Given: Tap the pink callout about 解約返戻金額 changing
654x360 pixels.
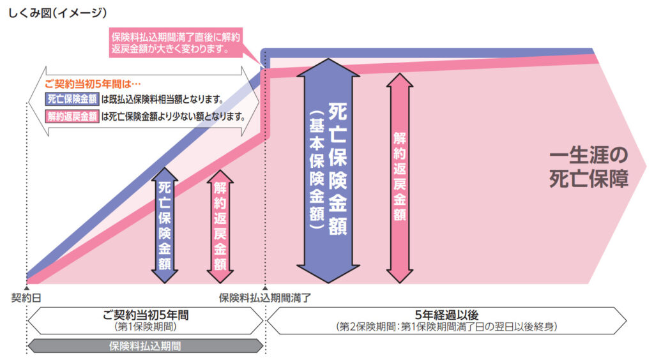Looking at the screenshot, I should pos(181,42).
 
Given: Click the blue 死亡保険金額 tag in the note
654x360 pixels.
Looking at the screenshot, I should pos(72,100).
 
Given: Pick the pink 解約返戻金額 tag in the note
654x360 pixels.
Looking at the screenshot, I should pos(72,117).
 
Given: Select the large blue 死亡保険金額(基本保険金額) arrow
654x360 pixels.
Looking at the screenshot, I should pos(332,166).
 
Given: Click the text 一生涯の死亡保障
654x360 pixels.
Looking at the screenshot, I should pos(588,167).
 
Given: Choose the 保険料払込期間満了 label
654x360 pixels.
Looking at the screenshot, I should pos(264,297).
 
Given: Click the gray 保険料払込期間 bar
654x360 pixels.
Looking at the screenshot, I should pos(145,346).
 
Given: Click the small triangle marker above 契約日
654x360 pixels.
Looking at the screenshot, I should pos(27,289).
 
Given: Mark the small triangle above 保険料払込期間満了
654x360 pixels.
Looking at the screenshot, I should pos(265,289).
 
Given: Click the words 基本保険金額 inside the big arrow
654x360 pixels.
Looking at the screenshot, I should pos(313,169).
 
